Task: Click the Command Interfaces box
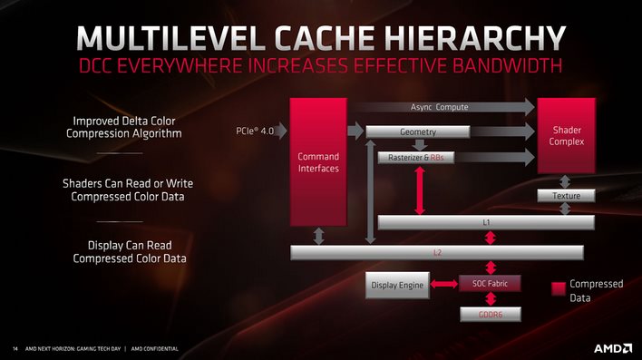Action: point(318,161)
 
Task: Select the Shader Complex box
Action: point(567,136)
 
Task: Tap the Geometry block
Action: point(418,132)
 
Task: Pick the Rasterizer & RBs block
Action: point(417,157)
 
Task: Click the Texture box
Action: point(566,196)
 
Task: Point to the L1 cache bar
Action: point(485,222)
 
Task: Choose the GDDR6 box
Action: point(491,315)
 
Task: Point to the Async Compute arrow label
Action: point(439,107)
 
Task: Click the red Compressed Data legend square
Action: point(559,290)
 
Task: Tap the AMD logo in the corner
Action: point(612,347)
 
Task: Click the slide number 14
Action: point(15,348)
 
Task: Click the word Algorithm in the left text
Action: point(155,133)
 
